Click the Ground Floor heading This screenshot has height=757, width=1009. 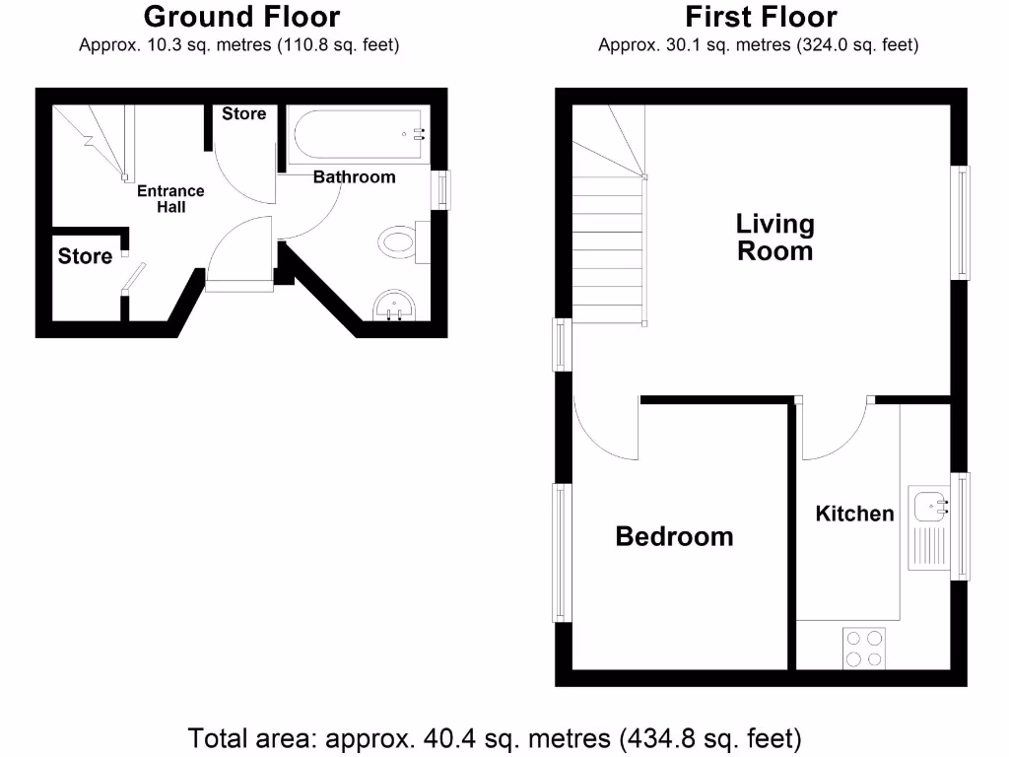(241, 17)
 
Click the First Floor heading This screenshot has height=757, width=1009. (761, 17)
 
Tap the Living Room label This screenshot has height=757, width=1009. (775, 237)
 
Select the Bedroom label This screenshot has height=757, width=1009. (674, 536)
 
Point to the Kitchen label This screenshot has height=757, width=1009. (854, 514)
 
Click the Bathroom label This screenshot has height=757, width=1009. (354, 177)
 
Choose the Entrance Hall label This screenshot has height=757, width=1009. (170, 199)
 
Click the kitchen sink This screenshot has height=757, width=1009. (928, 509)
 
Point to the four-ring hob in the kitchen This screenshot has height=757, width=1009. (863, 649)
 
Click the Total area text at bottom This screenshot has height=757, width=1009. (495, 738)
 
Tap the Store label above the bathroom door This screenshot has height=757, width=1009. (243, 114)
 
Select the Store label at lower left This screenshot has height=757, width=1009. (85, 257)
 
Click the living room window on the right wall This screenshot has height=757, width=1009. (960, 223)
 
